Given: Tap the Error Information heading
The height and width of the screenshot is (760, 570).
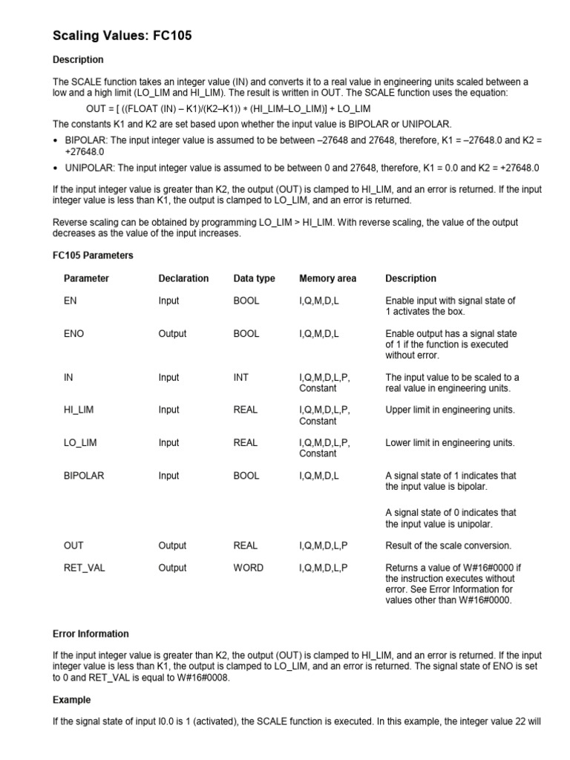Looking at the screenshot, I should coord(91,634).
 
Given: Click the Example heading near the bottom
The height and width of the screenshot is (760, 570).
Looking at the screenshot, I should coord(72,700).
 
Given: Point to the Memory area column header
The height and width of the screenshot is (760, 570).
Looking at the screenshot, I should coord(327,278).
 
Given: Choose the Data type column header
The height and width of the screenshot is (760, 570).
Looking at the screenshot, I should coord(254,278).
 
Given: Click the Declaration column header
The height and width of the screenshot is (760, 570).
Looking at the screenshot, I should coord(183,278).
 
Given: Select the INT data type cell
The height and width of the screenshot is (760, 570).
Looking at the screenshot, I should coord(241,377).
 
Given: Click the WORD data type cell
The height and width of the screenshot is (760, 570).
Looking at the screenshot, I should coord(247,568).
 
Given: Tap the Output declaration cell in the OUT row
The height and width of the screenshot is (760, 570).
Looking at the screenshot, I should coord(172,546).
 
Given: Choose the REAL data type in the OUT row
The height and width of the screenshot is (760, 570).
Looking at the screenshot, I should coord(246,546).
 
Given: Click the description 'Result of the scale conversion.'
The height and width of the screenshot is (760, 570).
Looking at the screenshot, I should coord(448,546).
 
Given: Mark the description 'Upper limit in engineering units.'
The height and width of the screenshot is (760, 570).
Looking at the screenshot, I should coord(450,410).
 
